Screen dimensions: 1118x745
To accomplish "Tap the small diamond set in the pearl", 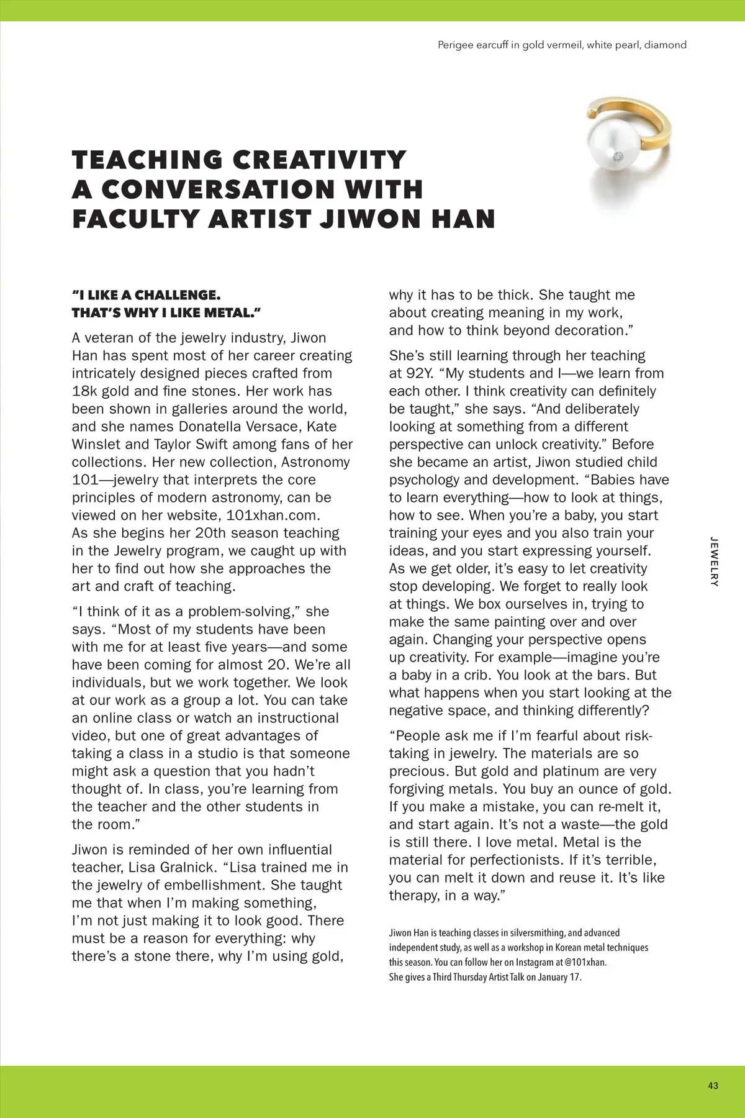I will [x=616, y=157].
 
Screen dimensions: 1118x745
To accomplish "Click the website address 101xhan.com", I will [x=273, y=516].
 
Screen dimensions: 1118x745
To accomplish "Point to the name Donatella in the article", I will [x=211, y=427].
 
